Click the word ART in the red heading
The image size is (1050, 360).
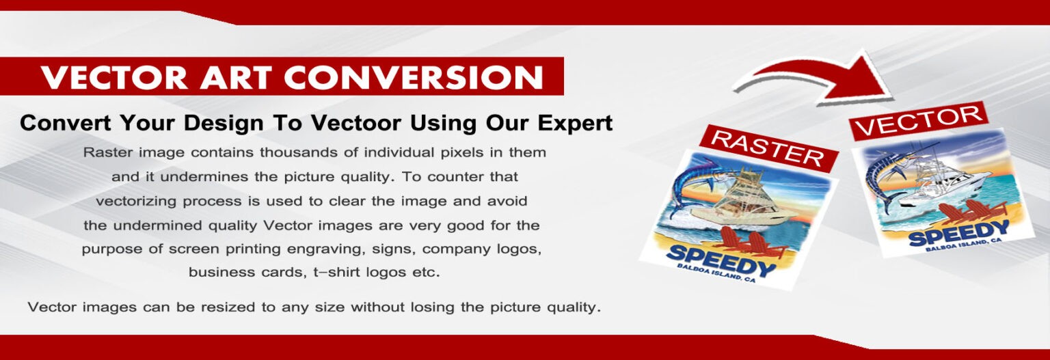click(x=236, y=77)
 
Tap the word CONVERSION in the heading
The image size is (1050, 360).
click(x=414, y=77)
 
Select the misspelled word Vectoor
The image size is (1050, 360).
click(x=356, y=123)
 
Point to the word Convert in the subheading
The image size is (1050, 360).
click(x=65, y=123)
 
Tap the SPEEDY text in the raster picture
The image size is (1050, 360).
click(x=720, y=261)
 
